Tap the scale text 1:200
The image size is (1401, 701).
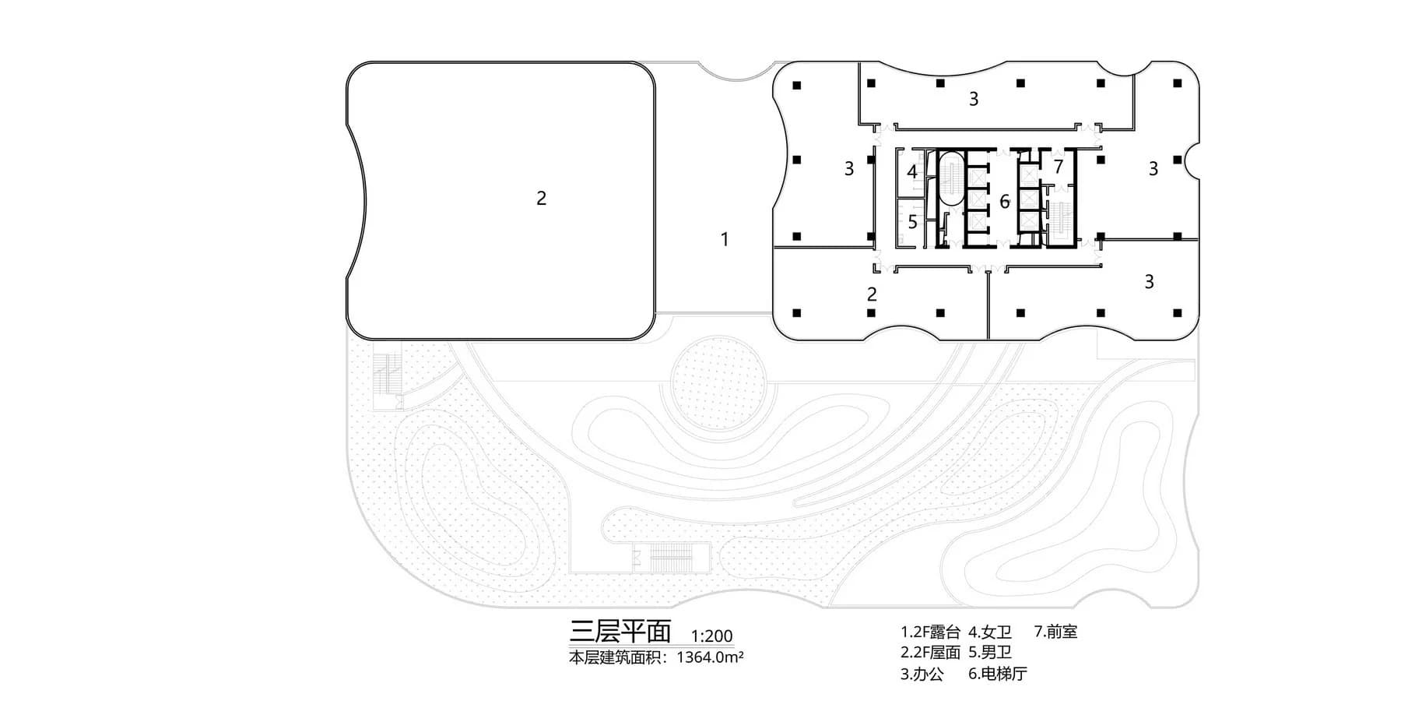tap(711, 636)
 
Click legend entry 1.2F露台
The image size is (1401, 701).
tap(931, 632)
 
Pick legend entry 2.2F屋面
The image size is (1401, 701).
tap(931, 653)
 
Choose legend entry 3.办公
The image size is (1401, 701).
tap(922, 674)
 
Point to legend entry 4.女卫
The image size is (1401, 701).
tap(990, 632)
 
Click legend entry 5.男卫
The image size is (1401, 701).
tap(990, 653)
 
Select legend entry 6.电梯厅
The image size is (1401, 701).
tap(998, 674)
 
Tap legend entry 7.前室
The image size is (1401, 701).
tap(1056, 632)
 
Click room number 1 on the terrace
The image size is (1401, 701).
tap(725, 239)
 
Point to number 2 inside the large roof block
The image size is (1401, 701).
tap(541, 198)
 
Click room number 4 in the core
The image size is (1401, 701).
tap(912, 171)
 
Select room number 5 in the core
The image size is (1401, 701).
tap(913, 222)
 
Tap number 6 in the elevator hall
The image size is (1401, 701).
tap(1005, 202)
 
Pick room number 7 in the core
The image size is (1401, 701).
tap(1059, 166)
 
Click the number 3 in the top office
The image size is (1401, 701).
tap(973, 99)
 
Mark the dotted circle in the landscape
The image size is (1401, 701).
tap(720, 386)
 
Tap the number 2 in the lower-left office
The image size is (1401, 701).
tap(872, 294)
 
